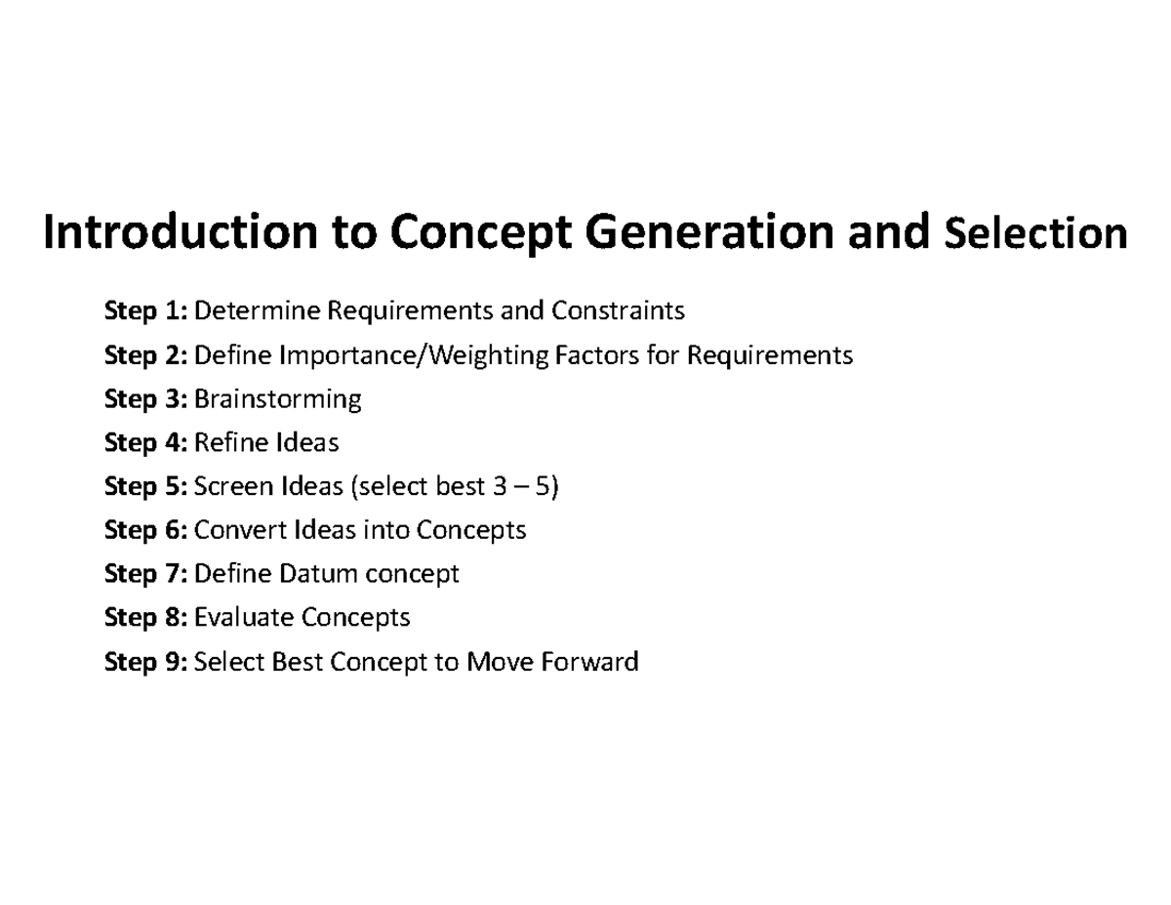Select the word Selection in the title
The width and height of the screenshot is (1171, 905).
pos(1037,234)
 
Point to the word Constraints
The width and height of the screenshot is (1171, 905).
pos(618,311)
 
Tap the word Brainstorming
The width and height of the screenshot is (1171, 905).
pos(278,400)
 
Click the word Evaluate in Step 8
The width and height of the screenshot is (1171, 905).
pos(244,618)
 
